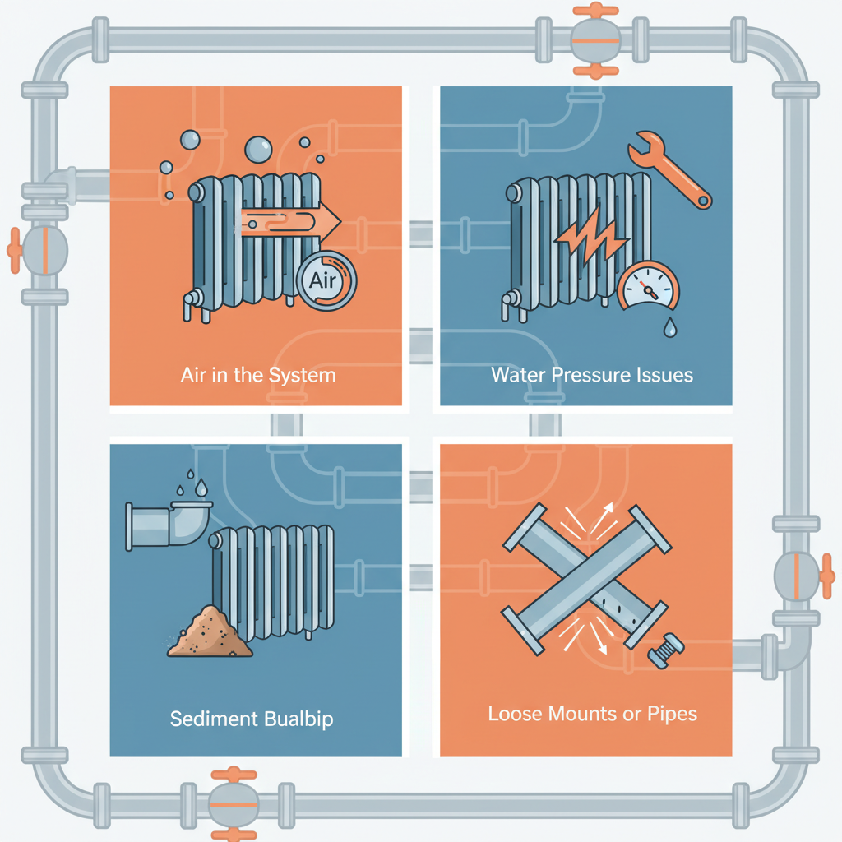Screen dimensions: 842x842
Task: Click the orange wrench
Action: click(669, 169)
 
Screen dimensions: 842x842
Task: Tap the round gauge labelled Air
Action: click(326, 280)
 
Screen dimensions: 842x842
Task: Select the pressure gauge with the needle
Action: click(649, 287)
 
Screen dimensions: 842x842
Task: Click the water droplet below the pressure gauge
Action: click(669, 327)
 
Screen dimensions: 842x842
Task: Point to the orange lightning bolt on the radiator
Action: click(590, 240)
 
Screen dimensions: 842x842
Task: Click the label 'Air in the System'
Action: click(257, 375)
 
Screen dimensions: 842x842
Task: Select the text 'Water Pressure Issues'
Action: click(592, 374)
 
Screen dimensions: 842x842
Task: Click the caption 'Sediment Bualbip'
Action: click(252, 719)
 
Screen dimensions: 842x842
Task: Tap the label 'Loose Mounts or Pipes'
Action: click(592, 714)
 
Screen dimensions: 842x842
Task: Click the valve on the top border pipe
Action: click(595, 40)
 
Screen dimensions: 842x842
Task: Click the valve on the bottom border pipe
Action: click(234, 804)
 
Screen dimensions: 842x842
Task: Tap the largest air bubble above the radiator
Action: click(258, 150)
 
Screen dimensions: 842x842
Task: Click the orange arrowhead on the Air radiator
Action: click(329, 221)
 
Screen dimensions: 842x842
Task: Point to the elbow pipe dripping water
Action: click(169, 525)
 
